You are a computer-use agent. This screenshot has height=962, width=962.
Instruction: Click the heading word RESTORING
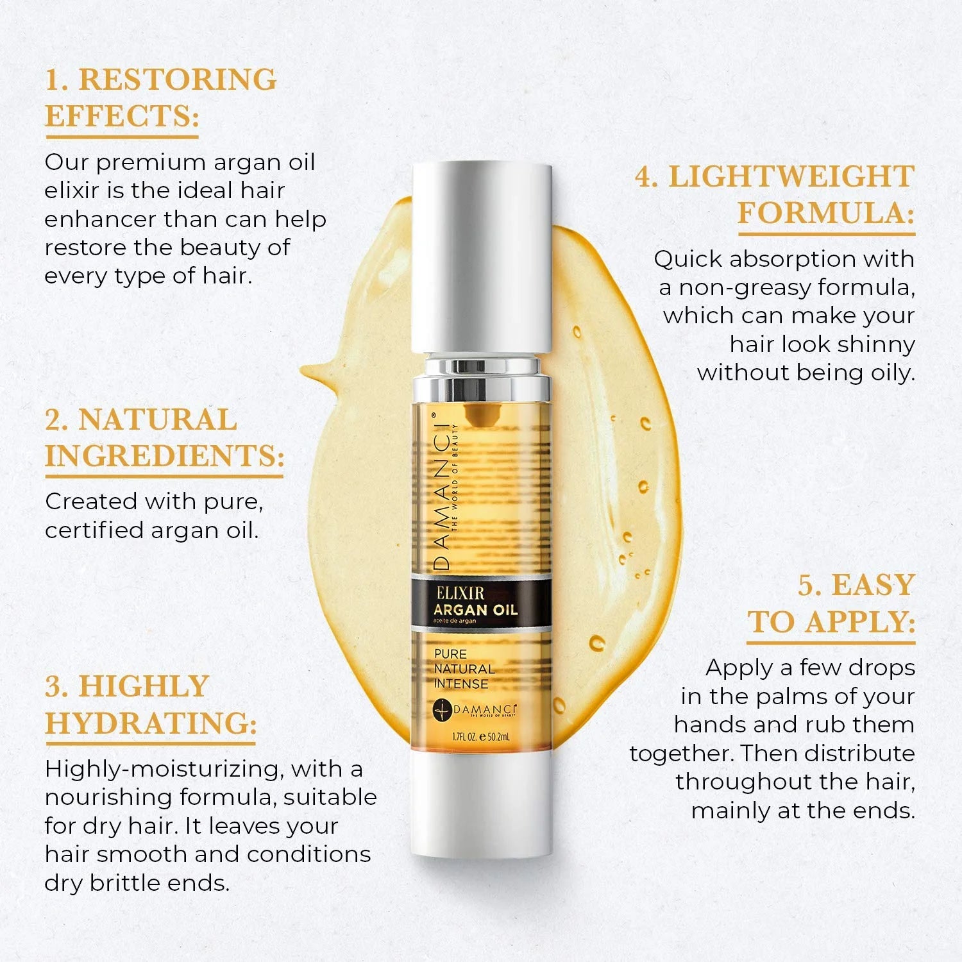(x=177, y=80)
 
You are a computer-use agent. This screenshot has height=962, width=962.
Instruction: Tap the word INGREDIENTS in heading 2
(x=164, y=457)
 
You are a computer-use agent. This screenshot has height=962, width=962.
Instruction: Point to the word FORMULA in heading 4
(x=825, y=214)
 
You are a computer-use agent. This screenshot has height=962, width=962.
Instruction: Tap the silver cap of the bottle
(x=481, y=257)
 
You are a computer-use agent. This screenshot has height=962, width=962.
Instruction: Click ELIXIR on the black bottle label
(x=460, y=593)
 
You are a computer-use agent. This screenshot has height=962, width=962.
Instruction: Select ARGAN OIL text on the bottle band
(x=475, y=610)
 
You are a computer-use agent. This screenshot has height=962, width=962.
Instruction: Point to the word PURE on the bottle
(x=450, y=654)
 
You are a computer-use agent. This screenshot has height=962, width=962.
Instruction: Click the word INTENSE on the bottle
(x=461, y=684)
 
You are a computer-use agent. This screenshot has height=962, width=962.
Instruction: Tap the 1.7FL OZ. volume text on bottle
(x=464, y=738)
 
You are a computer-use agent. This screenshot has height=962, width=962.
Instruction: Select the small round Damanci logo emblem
(x=443, y=709)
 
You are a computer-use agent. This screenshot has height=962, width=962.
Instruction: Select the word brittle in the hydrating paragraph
(x=125, y=883)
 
